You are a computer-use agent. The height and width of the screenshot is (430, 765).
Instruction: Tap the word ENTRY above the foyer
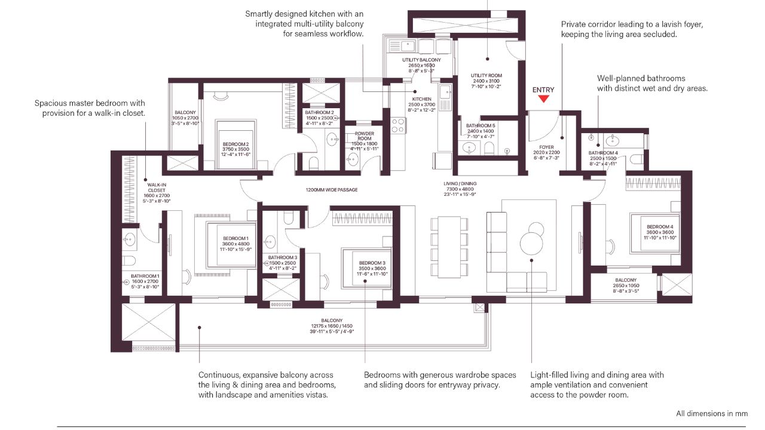543,90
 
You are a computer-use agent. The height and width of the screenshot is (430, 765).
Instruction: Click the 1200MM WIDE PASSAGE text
331,190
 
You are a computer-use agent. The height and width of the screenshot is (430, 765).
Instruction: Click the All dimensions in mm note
711,413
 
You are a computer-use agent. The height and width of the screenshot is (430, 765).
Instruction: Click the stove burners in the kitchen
397,125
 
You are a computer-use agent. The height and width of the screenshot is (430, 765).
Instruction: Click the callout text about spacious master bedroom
90,108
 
